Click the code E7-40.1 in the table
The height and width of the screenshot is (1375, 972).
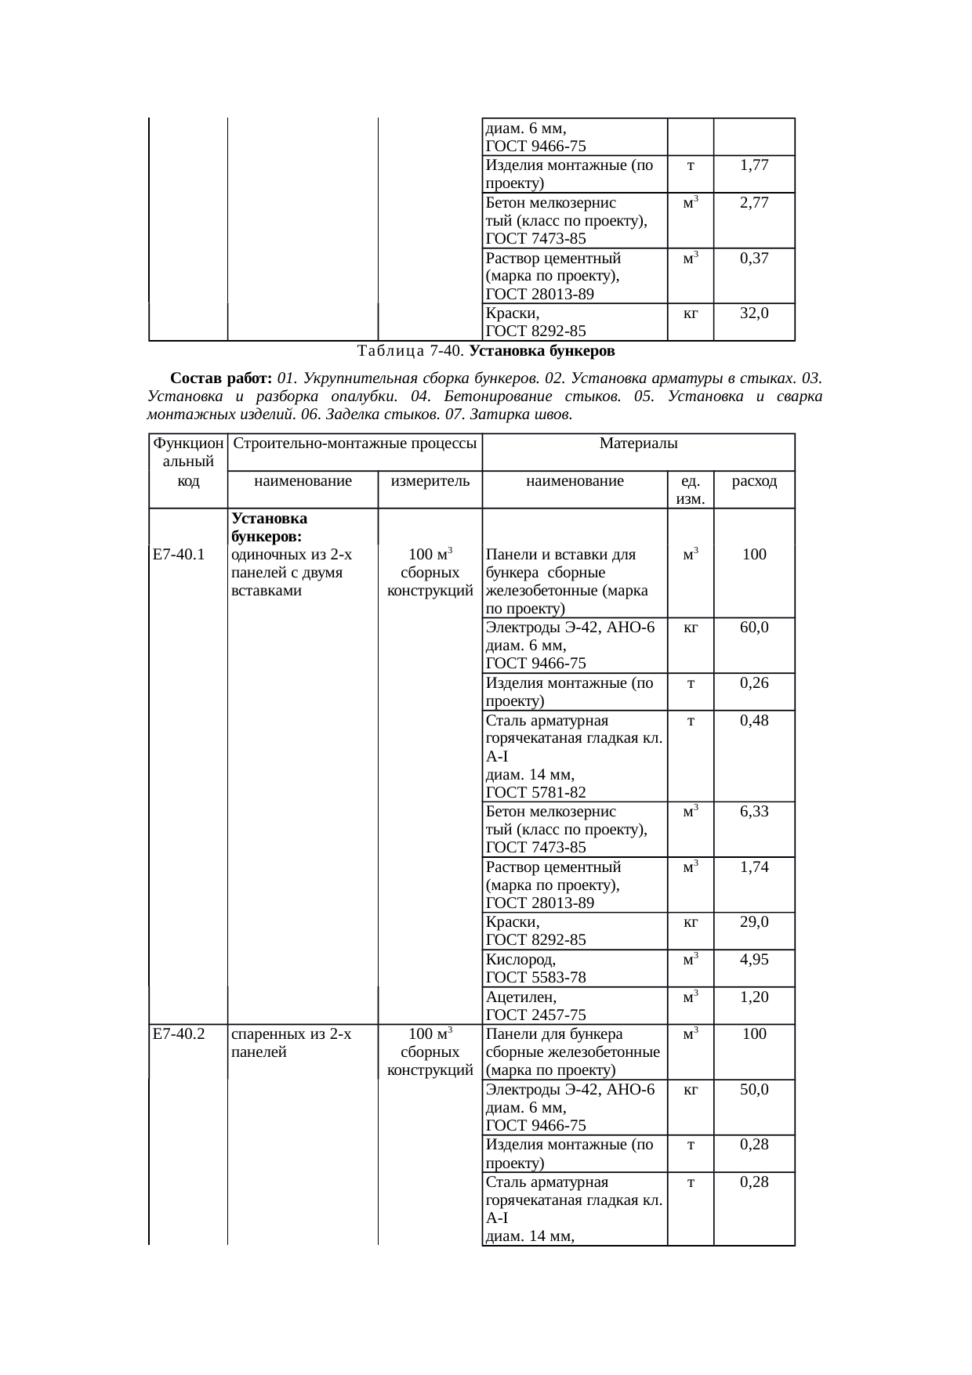(x=179, y=555)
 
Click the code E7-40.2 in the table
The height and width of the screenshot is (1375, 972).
(x=179, y=1034)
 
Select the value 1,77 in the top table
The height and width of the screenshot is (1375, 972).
(x=754, y=165)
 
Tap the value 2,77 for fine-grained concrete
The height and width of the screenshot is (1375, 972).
(x=754, y=203)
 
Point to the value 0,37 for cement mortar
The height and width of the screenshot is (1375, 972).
(x=754, y=259)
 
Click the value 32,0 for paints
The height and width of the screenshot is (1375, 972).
(x=754, y=313)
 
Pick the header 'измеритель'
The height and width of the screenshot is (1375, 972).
(x=430, y=481)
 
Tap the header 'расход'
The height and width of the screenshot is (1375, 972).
(x=754, y=481)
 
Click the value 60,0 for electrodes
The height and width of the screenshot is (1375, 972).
(x=754, y=628)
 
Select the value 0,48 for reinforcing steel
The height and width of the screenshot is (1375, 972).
(x=754, y=720)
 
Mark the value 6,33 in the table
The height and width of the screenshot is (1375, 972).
(x=754, y=812)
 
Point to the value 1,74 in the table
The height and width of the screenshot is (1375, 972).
(x=754, y=867)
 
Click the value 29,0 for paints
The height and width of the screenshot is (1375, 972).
(x=754, y=922)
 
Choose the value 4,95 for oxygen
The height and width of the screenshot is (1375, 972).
(x=754, y=960)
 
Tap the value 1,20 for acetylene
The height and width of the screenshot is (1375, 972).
(x=754, y=997)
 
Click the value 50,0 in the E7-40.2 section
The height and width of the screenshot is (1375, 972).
(x=754, y=1089)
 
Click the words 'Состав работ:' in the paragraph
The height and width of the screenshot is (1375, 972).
(x=221, y=378)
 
